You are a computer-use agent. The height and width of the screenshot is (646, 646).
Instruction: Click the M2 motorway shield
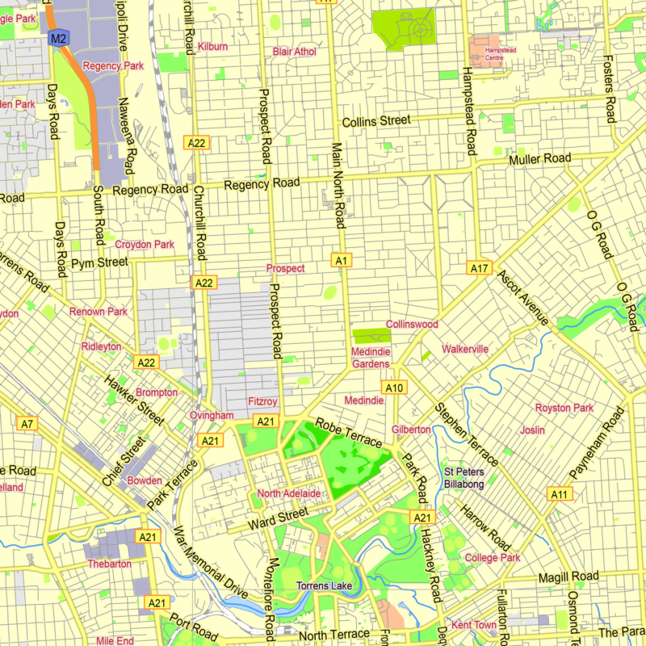58,38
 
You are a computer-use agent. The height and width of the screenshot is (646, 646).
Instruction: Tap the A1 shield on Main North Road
342,260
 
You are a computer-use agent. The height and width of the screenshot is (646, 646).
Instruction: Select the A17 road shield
480,267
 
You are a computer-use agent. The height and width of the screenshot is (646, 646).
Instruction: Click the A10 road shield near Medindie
394,388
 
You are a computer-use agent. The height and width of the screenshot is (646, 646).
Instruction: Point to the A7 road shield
27,423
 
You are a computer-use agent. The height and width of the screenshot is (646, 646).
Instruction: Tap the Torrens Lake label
322,585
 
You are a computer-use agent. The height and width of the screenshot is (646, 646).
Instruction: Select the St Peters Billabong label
464,478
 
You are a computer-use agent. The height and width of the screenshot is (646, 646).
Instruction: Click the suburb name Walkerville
465,349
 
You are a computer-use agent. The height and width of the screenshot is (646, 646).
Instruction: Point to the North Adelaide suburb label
289,493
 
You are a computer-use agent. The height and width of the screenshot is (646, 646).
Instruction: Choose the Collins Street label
376,121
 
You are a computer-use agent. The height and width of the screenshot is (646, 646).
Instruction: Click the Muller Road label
539,159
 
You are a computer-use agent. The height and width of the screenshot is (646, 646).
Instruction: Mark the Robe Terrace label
348,433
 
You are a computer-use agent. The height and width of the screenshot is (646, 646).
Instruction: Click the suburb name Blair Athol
294,52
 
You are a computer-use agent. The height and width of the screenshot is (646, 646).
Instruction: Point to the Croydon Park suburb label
145,244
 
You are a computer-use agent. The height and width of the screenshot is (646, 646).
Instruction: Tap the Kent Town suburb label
474,625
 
